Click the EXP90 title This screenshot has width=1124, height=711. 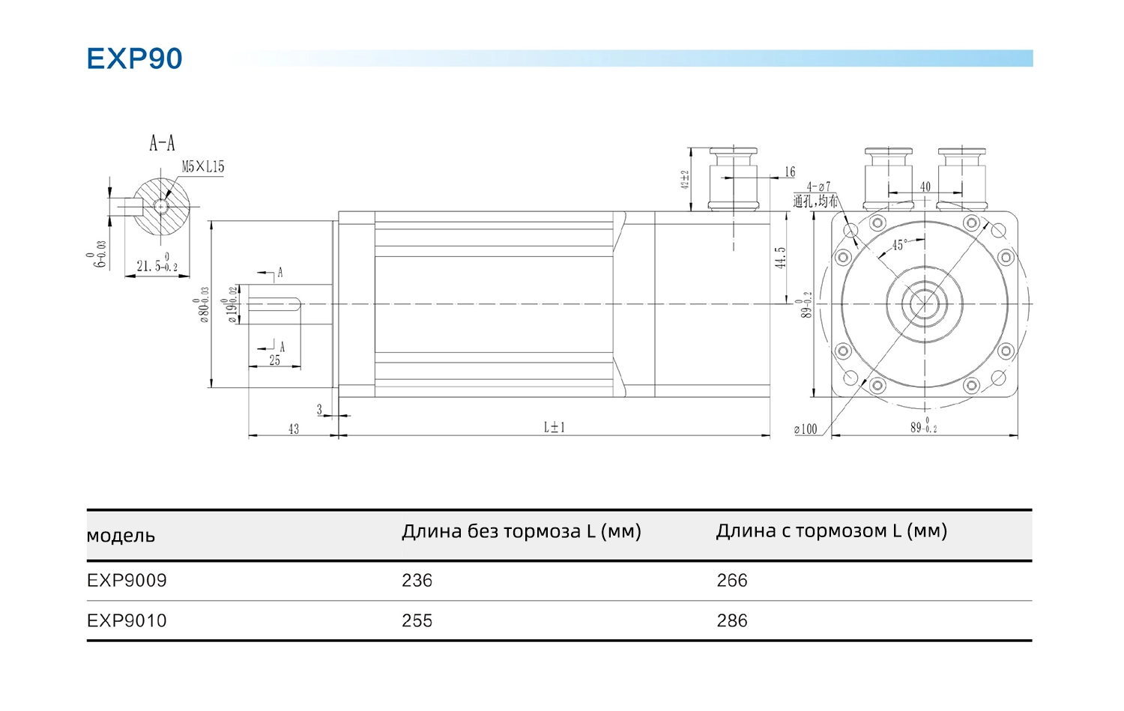[x=134, y=58]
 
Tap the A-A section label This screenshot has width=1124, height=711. [x=162, y=143]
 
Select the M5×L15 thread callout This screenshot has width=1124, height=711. [x=203, y=167]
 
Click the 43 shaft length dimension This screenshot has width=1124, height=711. [x=293, y=429]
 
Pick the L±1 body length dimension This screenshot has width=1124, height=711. [x=555, y=427]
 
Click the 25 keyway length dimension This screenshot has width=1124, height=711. [x=275, y=360]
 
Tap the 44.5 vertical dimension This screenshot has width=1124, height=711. [x=781, y=258]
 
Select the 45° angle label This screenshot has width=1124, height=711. [x=899, y=245]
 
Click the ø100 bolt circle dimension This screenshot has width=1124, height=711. [x=806, y=429]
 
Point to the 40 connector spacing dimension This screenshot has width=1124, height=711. [x=925, y=187]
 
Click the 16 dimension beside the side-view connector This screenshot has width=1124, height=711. [x=790, y=172]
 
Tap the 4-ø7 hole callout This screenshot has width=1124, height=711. [x=818, y=187]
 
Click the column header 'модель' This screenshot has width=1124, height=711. [x=121, y=536]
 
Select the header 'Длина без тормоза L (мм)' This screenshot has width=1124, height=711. [x=522, y=531]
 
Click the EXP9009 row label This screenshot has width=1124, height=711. [x=127, y=581]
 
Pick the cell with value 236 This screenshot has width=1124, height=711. [x=417, y=581]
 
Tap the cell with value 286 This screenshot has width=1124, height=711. [x=732, y=621]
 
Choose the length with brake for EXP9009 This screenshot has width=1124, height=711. [x=732, y=581]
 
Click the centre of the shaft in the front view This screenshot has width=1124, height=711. [x=925, y=303]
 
